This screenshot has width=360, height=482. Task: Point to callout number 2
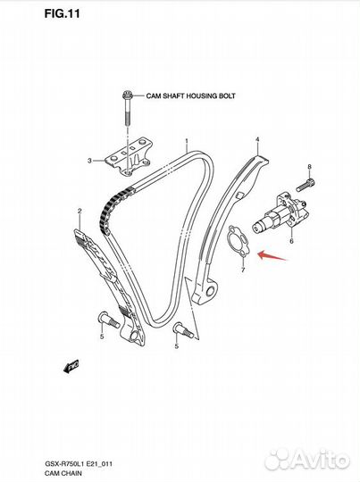point(80,211)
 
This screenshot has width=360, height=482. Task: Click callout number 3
point(89,162)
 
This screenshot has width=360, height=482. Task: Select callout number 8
point(309,167)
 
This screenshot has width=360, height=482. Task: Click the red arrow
point(272,255)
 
